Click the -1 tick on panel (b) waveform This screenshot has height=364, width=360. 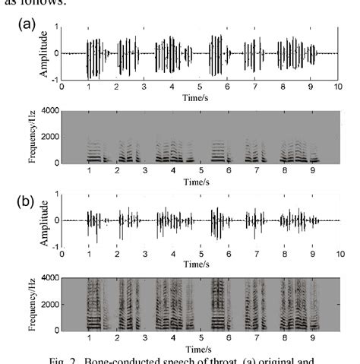[55, 248]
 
